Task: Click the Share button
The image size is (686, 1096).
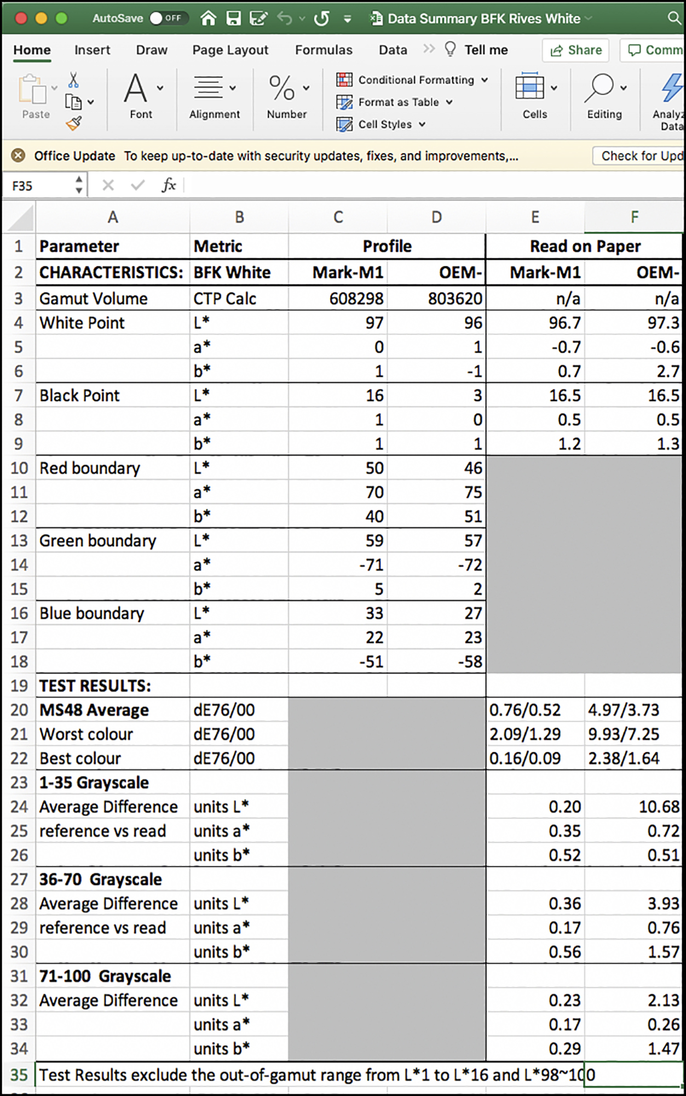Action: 576,50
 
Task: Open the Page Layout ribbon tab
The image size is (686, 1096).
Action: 230,50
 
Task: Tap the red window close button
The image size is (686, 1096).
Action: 21,18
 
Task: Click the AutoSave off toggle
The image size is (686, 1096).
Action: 166,18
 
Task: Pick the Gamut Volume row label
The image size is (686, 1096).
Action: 94,299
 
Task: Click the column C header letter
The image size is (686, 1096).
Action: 338,218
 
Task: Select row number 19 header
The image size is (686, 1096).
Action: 19,686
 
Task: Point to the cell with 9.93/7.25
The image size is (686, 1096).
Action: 623,734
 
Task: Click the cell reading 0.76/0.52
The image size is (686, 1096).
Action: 524,710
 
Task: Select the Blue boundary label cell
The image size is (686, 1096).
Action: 91,613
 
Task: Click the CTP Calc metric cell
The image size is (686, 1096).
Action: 224,299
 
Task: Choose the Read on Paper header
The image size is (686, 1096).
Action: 585,247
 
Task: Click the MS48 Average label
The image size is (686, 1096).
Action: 94,710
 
